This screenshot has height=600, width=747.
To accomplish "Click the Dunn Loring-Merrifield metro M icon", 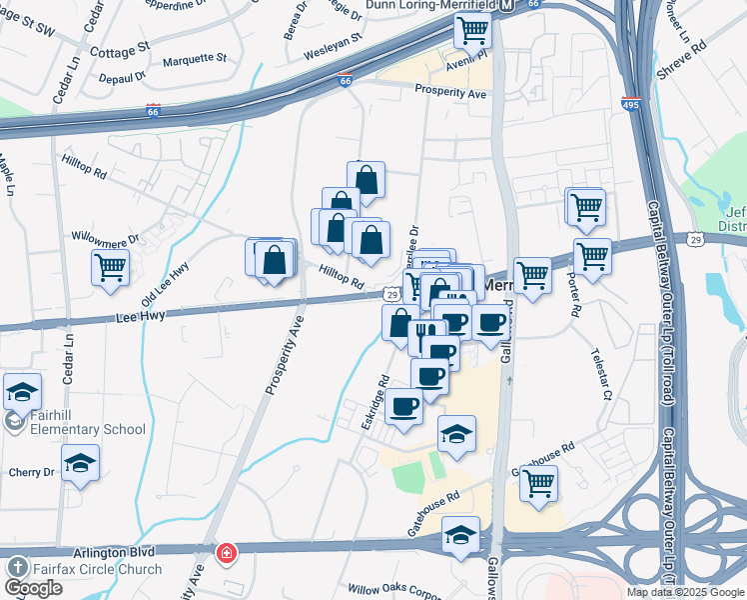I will pyautogui.click(x=507, y=6).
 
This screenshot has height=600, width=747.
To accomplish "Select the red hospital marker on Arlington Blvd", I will pyautogui.click(x=227, y=552).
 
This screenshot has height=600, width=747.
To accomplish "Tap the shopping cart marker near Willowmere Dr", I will pyautogui.click(x=110, y=266).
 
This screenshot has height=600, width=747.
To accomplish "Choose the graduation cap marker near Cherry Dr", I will pyautogui.click(x=80, y=464).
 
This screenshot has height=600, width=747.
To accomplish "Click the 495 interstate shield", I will pyautogui.click(x=631, y=103).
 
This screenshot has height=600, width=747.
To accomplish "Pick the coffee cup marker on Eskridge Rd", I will pyautogui.click(x=404, y=408).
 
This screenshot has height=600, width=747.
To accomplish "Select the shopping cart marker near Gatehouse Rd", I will pyautogui.click(x=538, y=484).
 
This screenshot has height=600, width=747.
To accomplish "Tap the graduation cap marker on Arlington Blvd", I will pyautogui.click(x=460, y=535).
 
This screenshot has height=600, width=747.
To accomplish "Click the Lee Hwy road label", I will pyautogui.click(x=140, y=314).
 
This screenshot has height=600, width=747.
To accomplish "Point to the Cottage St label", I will pyautogui.click(x=119, y=48).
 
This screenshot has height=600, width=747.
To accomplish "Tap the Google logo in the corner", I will pyautogui.click(x=33, y=588).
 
